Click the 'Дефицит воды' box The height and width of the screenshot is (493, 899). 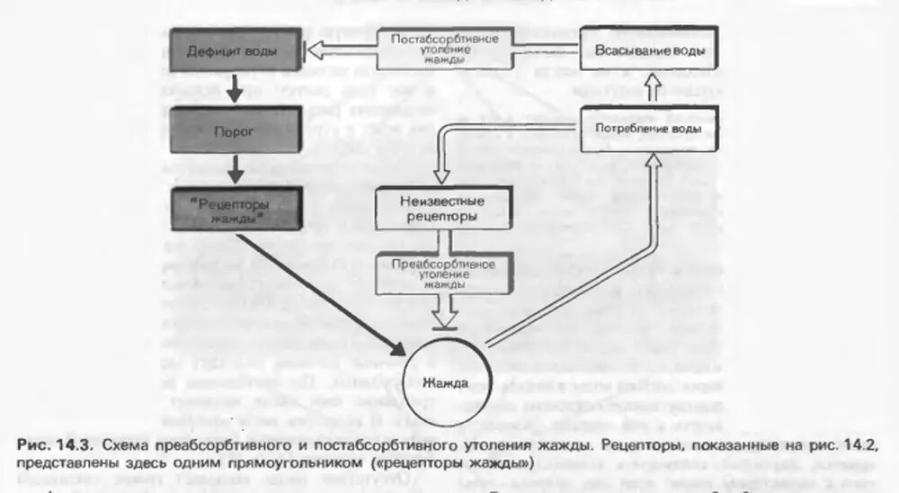click(x=231, y=50)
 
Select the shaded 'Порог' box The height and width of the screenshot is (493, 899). click(x=231, y=131)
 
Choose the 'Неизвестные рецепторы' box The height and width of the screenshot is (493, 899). click(x=439, y=209)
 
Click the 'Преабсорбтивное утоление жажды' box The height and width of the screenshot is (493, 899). click(x=439, y=271)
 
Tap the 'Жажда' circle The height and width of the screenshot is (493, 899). click(x=445, y=382)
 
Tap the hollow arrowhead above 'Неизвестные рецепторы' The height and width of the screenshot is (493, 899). click(x=439, y=173)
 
